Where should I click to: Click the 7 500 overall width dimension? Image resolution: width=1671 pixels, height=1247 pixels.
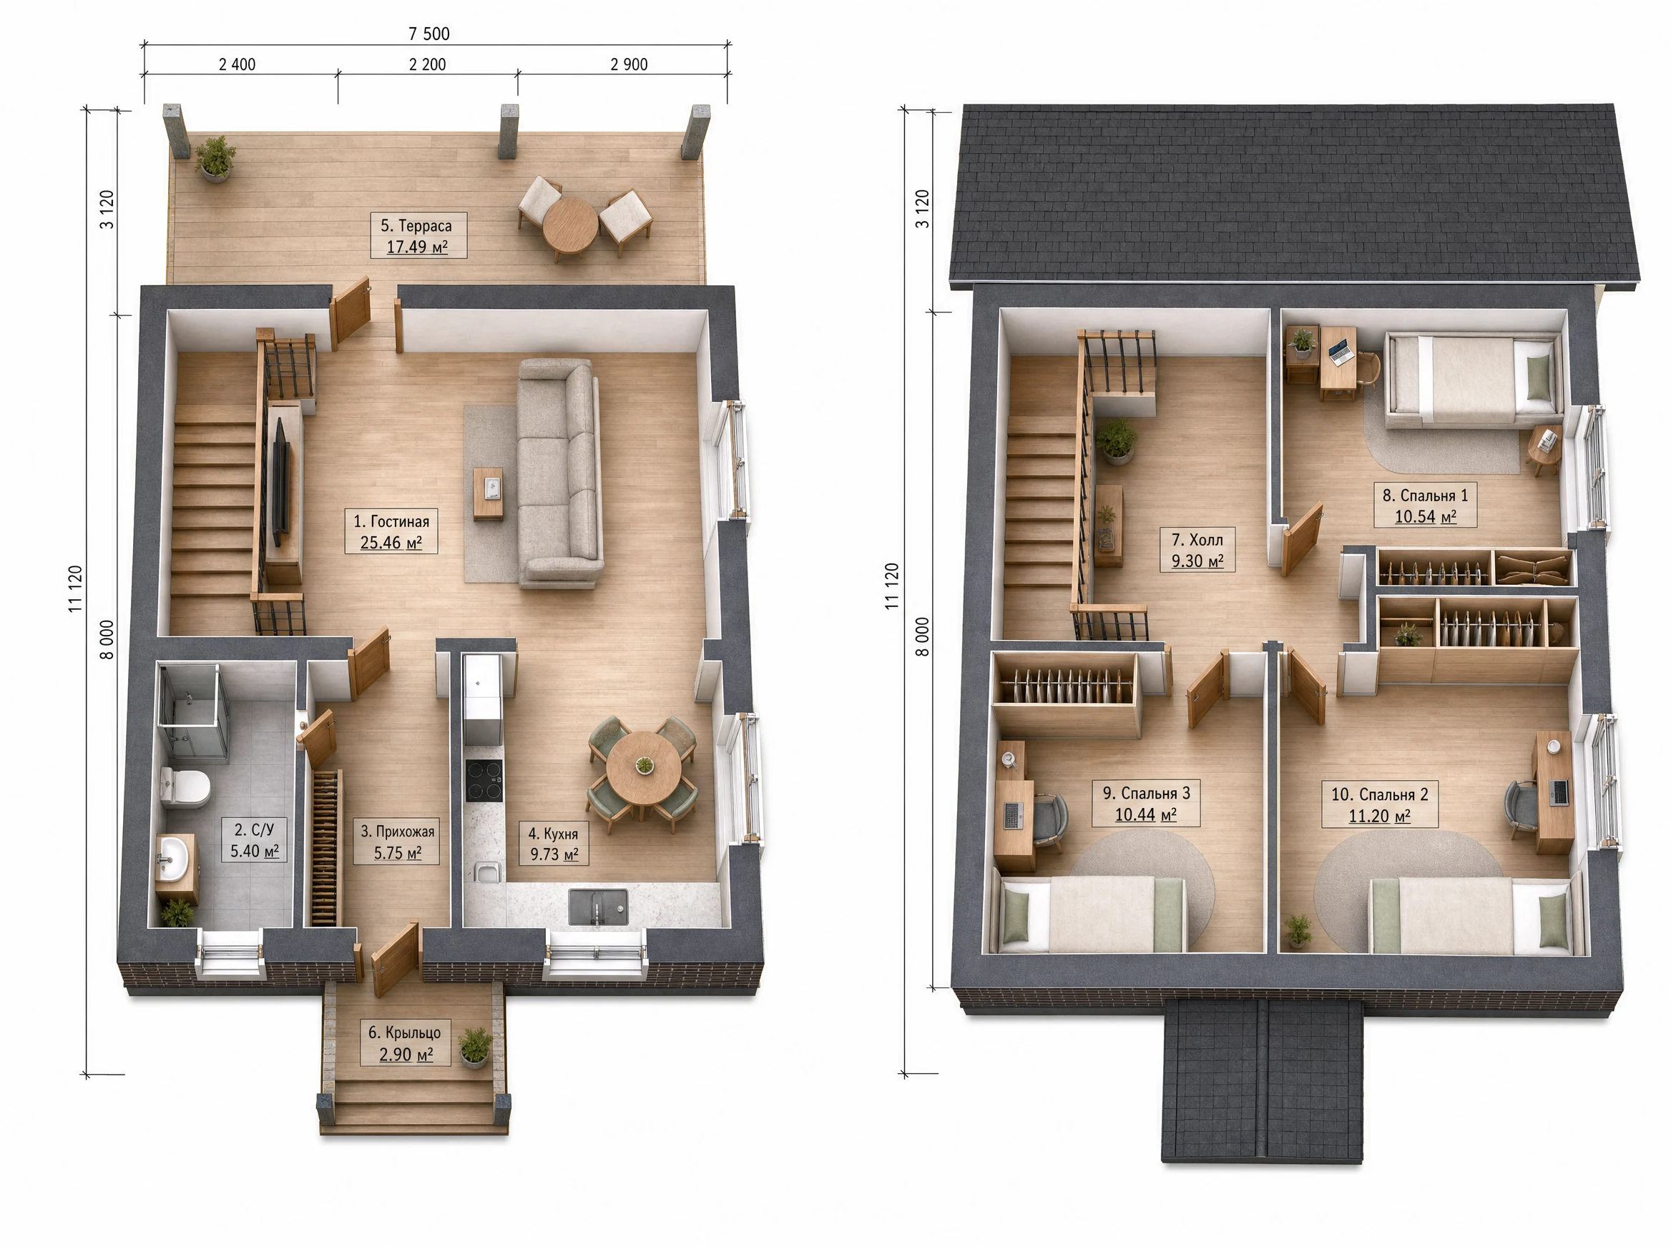point(429,34)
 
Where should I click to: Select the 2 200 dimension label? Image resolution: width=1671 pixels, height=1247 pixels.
point(427,65)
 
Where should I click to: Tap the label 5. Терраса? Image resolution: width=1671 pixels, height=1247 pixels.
point(416,226)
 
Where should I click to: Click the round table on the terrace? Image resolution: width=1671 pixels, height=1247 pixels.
point(570,225)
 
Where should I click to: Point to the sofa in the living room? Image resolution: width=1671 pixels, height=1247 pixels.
point(559,473)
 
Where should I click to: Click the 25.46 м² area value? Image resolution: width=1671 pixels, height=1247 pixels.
point(391,543)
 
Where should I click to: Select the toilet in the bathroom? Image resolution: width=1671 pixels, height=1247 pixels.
point(185,787)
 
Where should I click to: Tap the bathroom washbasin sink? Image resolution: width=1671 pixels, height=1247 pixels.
point(175,858)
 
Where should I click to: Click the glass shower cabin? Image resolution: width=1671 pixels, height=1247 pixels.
point(192,710)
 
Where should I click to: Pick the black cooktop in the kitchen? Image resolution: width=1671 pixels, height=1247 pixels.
point(484,780)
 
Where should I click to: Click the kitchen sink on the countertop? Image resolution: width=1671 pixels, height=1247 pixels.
point(598,906)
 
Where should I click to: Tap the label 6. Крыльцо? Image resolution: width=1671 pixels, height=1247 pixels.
point(405,1032)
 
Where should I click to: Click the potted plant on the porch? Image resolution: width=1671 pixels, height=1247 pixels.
point(475,1047)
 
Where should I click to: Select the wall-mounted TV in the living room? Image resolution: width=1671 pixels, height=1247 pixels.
point(280,482)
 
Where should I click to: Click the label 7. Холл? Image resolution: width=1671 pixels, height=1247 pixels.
point(1197,540)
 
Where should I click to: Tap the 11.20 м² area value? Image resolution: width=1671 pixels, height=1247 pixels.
point(1380,816)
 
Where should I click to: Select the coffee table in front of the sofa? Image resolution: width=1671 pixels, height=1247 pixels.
point(489,493)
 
